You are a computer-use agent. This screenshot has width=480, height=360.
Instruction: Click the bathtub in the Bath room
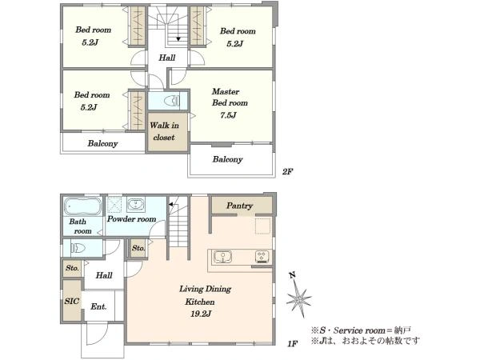pos(82,206)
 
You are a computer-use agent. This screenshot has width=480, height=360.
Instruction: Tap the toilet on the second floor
pos(172,101)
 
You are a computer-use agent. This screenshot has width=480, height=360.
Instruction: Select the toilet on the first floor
pos(78,248)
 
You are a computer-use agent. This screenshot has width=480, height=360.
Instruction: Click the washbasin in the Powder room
pos(136,204)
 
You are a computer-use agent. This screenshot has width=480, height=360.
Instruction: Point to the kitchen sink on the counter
pos(222,257)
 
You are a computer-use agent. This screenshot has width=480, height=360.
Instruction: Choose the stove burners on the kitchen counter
pos(262,257)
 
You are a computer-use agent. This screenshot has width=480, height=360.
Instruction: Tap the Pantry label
pos(239,206)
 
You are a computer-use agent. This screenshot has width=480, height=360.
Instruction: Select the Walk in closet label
pos(164,131)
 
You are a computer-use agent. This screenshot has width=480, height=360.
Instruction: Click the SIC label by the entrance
pos(72,301)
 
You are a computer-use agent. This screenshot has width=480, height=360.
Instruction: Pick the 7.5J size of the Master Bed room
pos(228,115)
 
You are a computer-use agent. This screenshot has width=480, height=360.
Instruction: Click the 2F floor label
pos(287,172)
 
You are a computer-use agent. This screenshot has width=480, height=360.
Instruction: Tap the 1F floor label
pos(292,344)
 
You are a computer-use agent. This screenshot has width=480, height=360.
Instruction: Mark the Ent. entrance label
pos(98,306)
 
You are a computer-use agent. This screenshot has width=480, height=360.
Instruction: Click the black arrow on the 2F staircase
pos(178,39)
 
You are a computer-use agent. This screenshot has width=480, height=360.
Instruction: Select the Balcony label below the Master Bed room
pos(227,159)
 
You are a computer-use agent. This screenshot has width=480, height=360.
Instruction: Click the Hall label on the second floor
pos(167,58)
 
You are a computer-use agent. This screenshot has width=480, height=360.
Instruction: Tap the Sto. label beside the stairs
pos(138,248)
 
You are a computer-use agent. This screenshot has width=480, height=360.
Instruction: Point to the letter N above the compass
pos(293,275)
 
